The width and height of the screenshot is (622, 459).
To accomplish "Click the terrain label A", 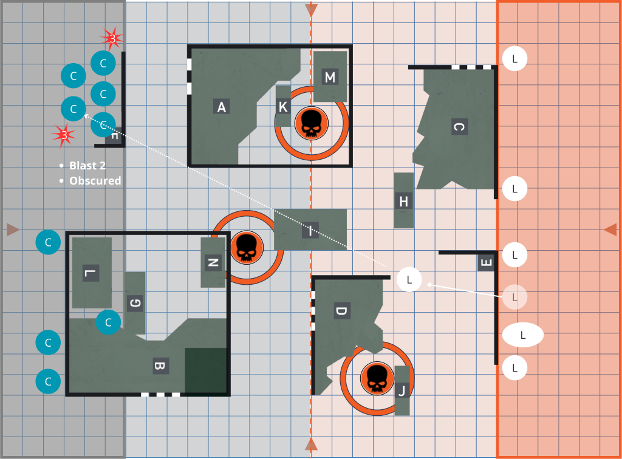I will [x=222, y=107].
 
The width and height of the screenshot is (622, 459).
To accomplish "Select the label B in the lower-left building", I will [x=160, y=365].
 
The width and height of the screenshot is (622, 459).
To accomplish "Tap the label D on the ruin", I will [x=341, y=312].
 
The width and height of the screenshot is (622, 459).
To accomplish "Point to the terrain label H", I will [x=403, y=201].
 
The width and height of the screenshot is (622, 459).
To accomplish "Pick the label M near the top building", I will [x=330, y=77].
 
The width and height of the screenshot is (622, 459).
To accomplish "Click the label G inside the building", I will [x=135, y=302].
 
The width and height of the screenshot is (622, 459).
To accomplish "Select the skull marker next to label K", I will [x=312, y=123].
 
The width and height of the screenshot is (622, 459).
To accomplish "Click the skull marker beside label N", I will [x=246, y=248].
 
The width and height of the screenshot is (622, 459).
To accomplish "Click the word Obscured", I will [x=95, y=181].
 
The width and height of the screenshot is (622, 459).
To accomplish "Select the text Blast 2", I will [x=91, y=166].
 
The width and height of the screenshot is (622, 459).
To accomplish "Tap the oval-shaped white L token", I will [x=522, y=335].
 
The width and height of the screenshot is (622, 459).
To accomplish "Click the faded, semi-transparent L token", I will [x=514, y=297].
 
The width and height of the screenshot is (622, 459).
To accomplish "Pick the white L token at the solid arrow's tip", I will [x=409, y=279].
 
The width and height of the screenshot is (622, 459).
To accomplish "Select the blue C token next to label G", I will [x=109, y=322].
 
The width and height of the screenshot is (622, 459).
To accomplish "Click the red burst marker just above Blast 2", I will [x=63, y=135].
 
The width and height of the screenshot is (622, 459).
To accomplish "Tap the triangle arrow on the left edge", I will [x=13, y=229].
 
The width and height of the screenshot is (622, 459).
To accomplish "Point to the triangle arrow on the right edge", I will [x=610, y=229].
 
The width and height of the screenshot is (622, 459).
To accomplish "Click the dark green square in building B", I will [x=206, y=370].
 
